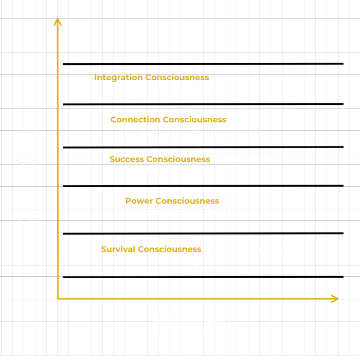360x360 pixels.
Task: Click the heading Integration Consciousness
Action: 151,78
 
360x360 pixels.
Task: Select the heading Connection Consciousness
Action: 168,120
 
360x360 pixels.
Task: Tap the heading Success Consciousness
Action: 159,159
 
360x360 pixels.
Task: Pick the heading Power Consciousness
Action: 172,201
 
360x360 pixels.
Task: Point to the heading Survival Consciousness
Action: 151,249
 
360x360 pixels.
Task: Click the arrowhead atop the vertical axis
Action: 58,21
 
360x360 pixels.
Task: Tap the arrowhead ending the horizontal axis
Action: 335,299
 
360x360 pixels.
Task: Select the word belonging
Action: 192,261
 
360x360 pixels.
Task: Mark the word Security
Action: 226,249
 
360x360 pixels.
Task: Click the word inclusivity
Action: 142,131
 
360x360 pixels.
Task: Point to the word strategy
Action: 228,171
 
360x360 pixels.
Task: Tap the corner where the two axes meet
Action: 58,298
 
